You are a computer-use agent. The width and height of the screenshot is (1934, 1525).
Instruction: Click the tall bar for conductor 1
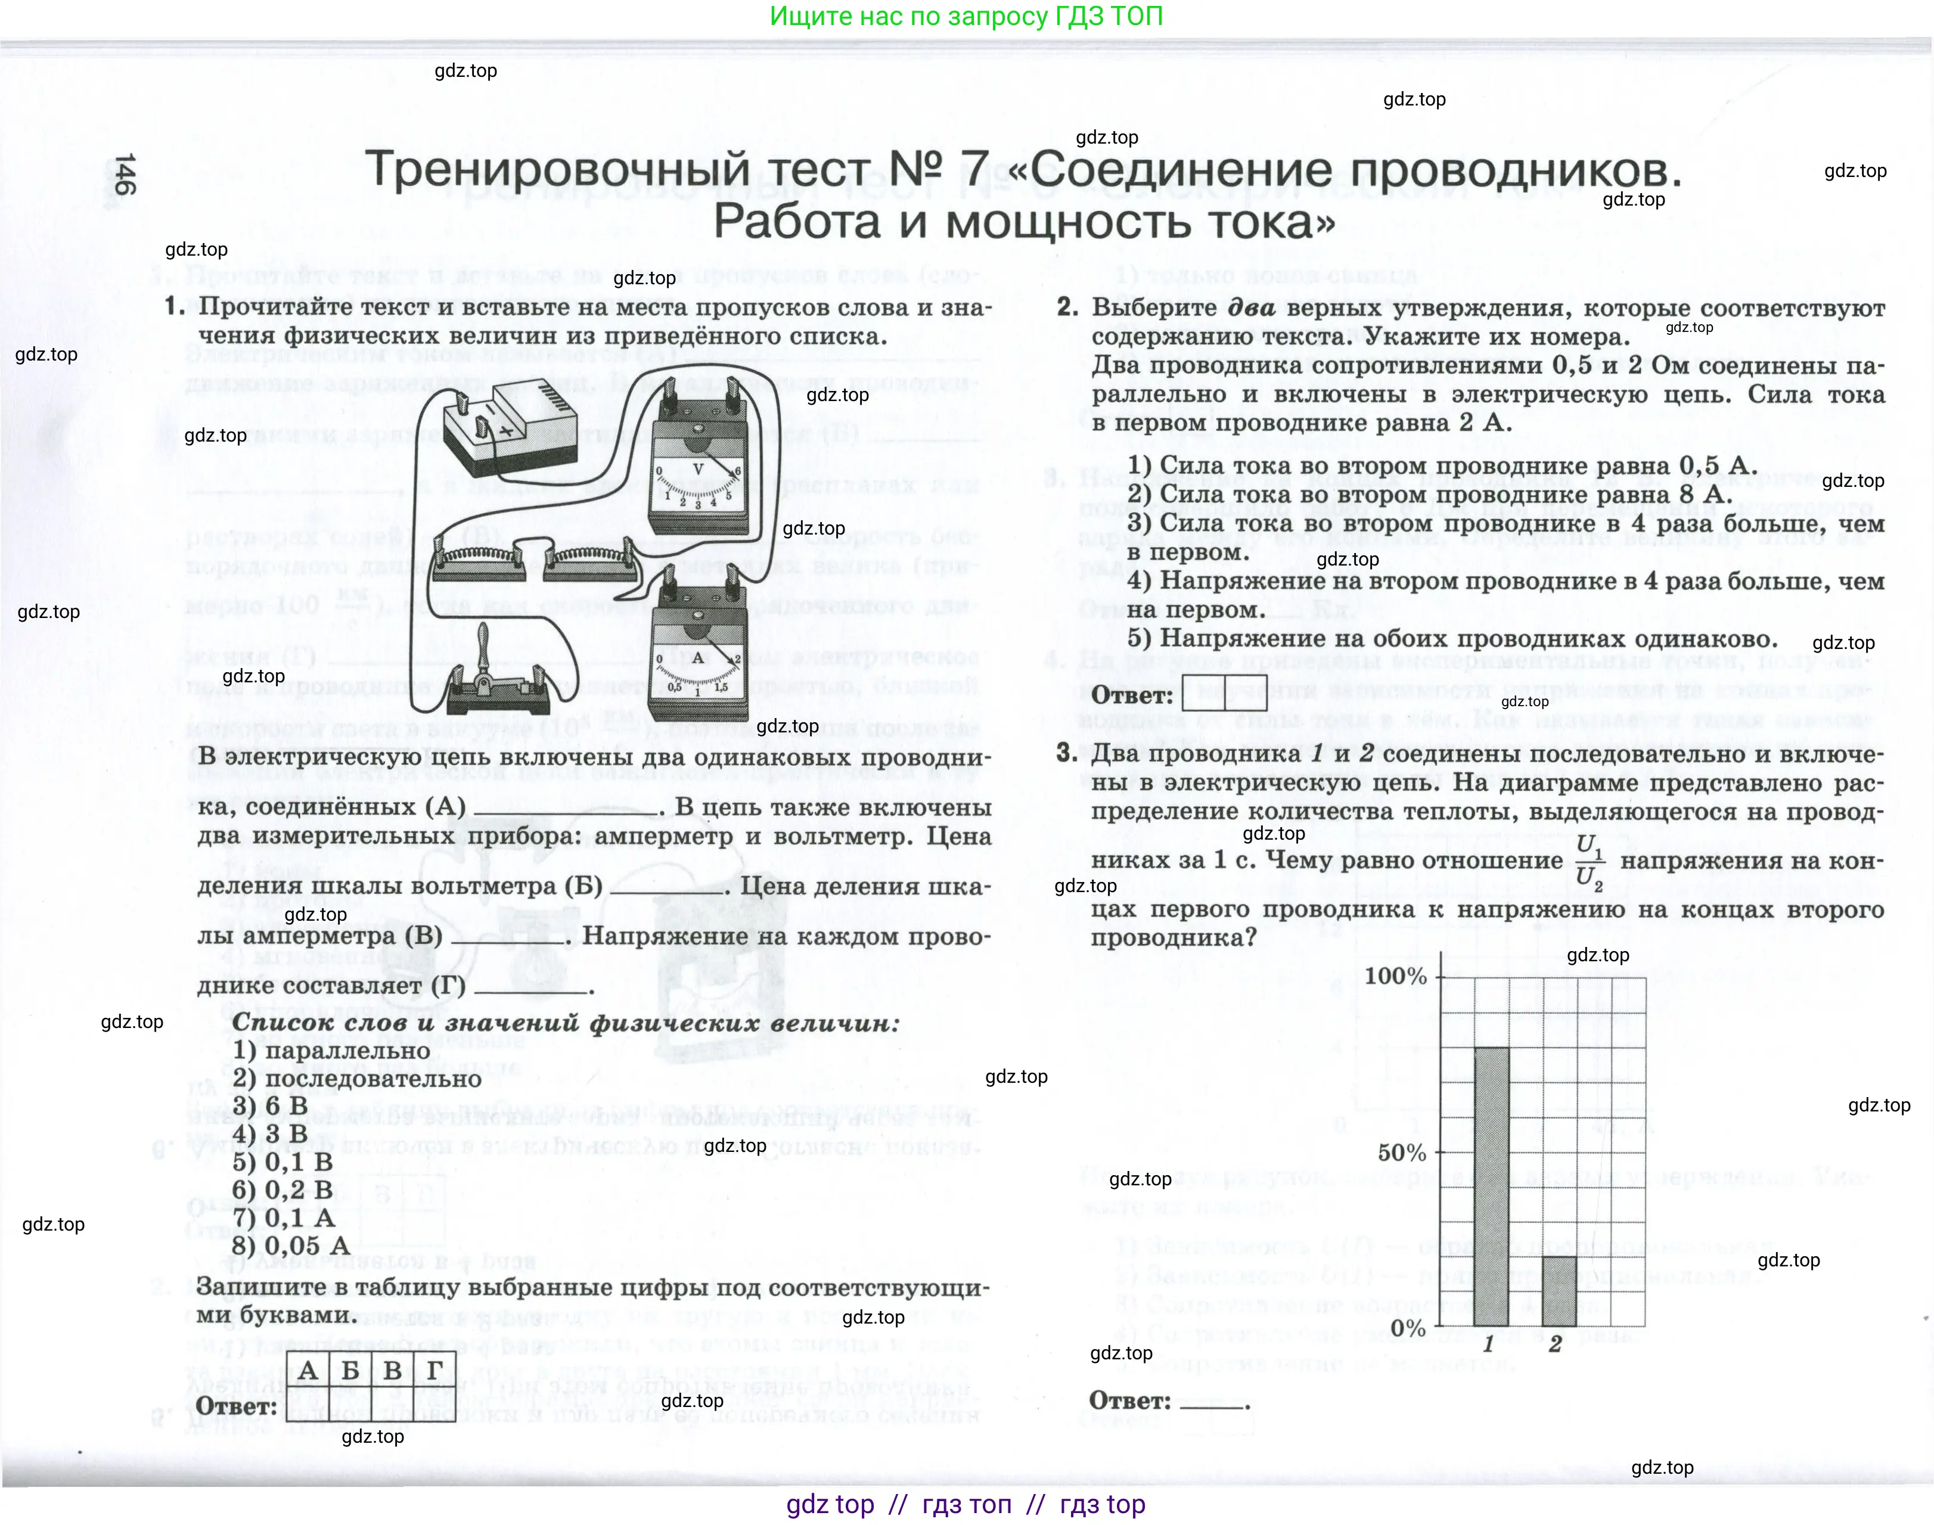point(1489,1188)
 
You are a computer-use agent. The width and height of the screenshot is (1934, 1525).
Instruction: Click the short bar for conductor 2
point(1558,1293)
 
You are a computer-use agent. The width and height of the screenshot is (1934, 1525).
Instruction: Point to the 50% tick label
point(1401,1153)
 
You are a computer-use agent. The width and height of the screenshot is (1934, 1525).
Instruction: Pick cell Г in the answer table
point(435,1371)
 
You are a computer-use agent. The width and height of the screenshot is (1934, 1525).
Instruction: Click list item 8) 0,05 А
point(290,1246)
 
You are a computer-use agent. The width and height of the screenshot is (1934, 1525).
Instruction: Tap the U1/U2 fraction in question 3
point(1590,861)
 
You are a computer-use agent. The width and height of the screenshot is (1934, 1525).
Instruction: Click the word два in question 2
point(1252,308)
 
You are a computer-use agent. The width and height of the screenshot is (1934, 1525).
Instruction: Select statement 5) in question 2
point(1451,639)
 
